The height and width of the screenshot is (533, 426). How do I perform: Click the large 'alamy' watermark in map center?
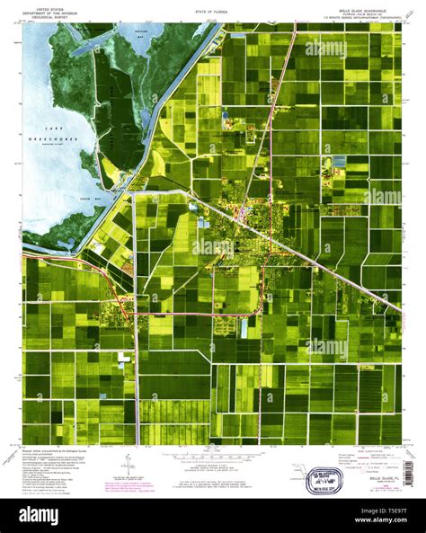click(213, 244)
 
